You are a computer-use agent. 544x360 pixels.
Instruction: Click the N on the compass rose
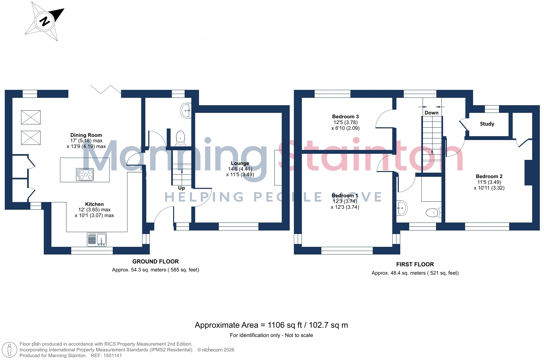45,21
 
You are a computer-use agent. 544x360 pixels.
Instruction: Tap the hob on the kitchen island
85,175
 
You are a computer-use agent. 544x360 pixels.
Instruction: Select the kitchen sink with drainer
97,239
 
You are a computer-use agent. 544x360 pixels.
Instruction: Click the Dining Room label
86,135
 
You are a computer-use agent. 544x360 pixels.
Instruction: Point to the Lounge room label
240,163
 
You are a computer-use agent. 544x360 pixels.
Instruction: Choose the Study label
487,124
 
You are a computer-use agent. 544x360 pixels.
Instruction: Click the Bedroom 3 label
345,116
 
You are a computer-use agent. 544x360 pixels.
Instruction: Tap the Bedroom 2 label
489,176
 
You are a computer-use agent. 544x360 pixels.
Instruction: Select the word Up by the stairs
181,188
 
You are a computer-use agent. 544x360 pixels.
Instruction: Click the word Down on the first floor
432,113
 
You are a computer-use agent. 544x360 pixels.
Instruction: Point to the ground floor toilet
180,138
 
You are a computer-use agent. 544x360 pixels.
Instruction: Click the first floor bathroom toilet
434,213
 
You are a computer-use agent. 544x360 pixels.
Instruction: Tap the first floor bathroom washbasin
402,208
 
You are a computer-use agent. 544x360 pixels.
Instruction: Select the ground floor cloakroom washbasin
186,111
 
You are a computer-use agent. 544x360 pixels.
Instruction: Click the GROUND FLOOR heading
156,261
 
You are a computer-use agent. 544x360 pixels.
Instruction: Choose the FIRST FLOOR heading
415,264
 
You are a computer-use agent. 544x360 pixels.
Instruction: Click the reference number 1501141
113,356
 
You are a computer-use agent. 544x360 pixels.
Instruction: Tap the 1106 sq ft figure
285,325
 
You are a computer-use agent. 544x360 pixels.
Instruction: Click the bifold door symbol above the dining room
106,90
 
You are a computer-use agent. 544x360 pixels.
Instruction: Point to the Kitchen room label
95,204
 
